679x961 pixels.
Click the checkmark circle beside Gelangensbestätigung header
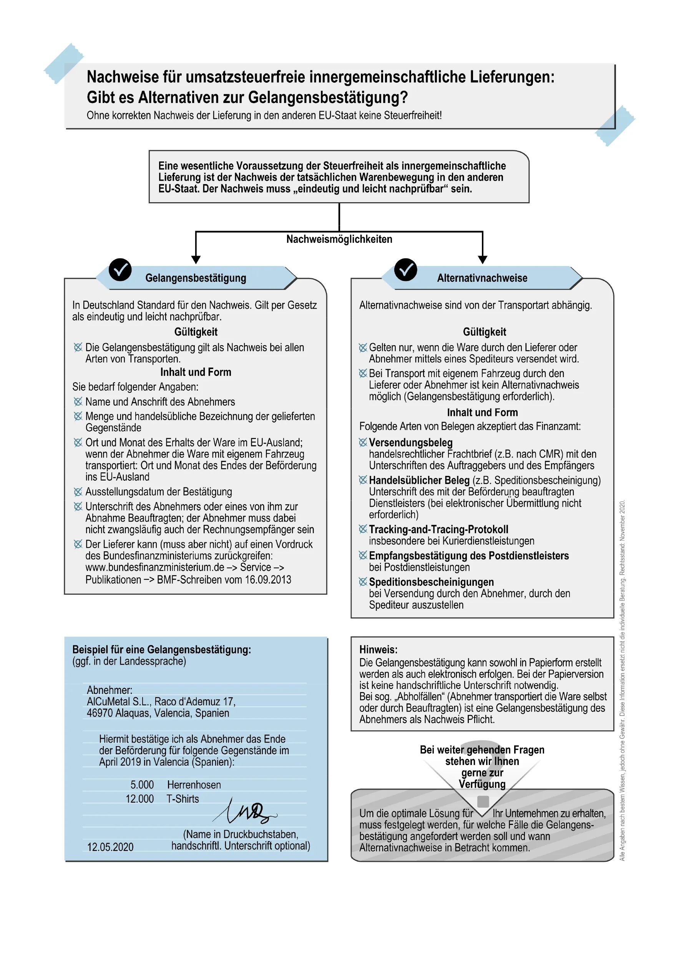coord(120,269)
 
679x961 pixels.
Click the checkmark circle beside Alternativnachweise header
coord(405,269)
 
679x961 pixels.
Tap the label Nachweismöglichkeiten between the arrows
coord(339,239)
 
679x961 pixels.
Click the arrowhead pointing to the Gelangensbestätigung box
coord(196,259)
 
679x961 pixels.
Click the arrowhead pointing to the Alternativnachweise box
coord(482,259)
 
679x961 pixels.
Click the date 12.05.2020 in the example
coord(110,847)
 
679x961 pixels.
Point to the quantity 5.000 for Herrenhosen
coord(142,785)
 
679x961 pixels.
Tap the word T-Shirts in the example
coord(183,799)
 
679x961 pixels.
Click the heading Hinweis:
coord(378,650)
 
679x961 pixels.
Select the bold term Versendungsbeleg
coord(410,442)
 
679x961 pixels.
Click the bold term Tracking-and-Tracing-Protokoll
coord(438,529)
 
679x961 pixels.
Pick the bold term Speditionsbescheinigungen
coord(431,582)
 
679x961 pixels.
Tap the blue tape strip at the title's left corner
coord(63,63)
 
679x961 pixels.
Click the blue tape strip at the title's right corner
coord(614,125)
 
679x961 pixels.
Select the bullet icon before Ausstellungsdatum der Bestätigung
coord(78,492)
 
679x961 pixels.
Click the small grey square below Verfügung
coord(483,801)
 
